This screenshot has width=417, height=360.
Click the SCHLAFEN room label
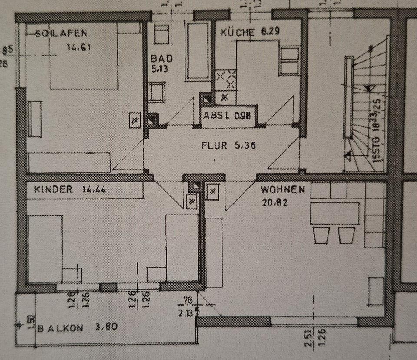(62, 33)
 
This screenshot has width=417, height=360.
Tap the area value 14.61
(79, 47)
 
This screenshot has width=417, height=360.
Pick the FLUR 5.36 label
(228, 145)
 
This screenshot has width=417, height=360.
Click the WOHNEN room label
(283, 190)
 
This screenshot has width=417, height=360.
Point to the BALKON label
(60, 328)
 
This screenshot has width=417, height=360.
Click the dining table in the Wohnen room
(334, 213)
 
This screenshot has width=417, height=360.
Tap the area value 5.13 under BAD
(160, 68)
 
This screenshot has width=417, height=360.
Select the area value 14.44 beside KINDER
(93, 189)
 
